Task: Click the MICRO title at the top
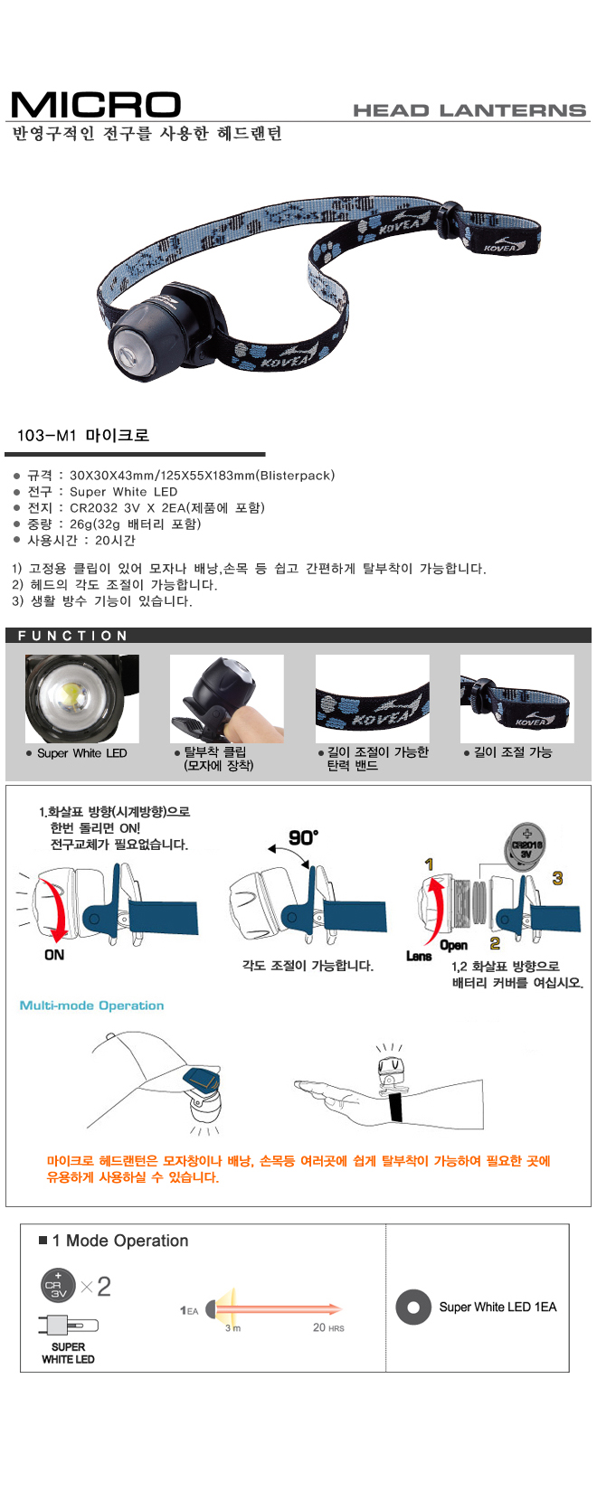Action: (x=96, y=105)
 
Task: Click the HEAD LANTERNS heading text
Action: (x=469, y=110)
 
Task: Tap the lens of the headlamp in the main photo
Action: (x=128, y=349)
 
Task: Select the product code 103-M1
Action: (x=47, y=436)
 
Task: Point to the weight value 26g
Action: (x=82, y=524)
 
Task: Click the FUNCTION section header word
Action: (x=72, y=636)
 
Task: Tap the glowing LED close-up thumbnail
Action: (x=82, y=699)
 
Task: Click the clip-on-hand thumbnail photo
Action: (x=226, y=699)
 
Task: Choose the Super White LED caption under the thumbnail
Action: (x=82, y=753)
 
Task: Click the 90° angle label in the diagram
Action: (x=304, y=837)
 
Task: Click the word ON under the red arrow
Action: (x=54, y=955)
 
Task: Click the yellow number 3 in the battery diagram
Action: (x=558, y=878)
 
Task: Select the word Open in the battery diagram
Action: (x=454, y=945)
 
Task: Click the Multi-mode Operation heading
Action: (x=92, y=1006)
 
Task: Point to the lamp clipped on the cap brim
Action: (x=204, y=1091)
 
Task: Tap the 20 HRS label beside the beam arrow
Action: (x=328, y=1327)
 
